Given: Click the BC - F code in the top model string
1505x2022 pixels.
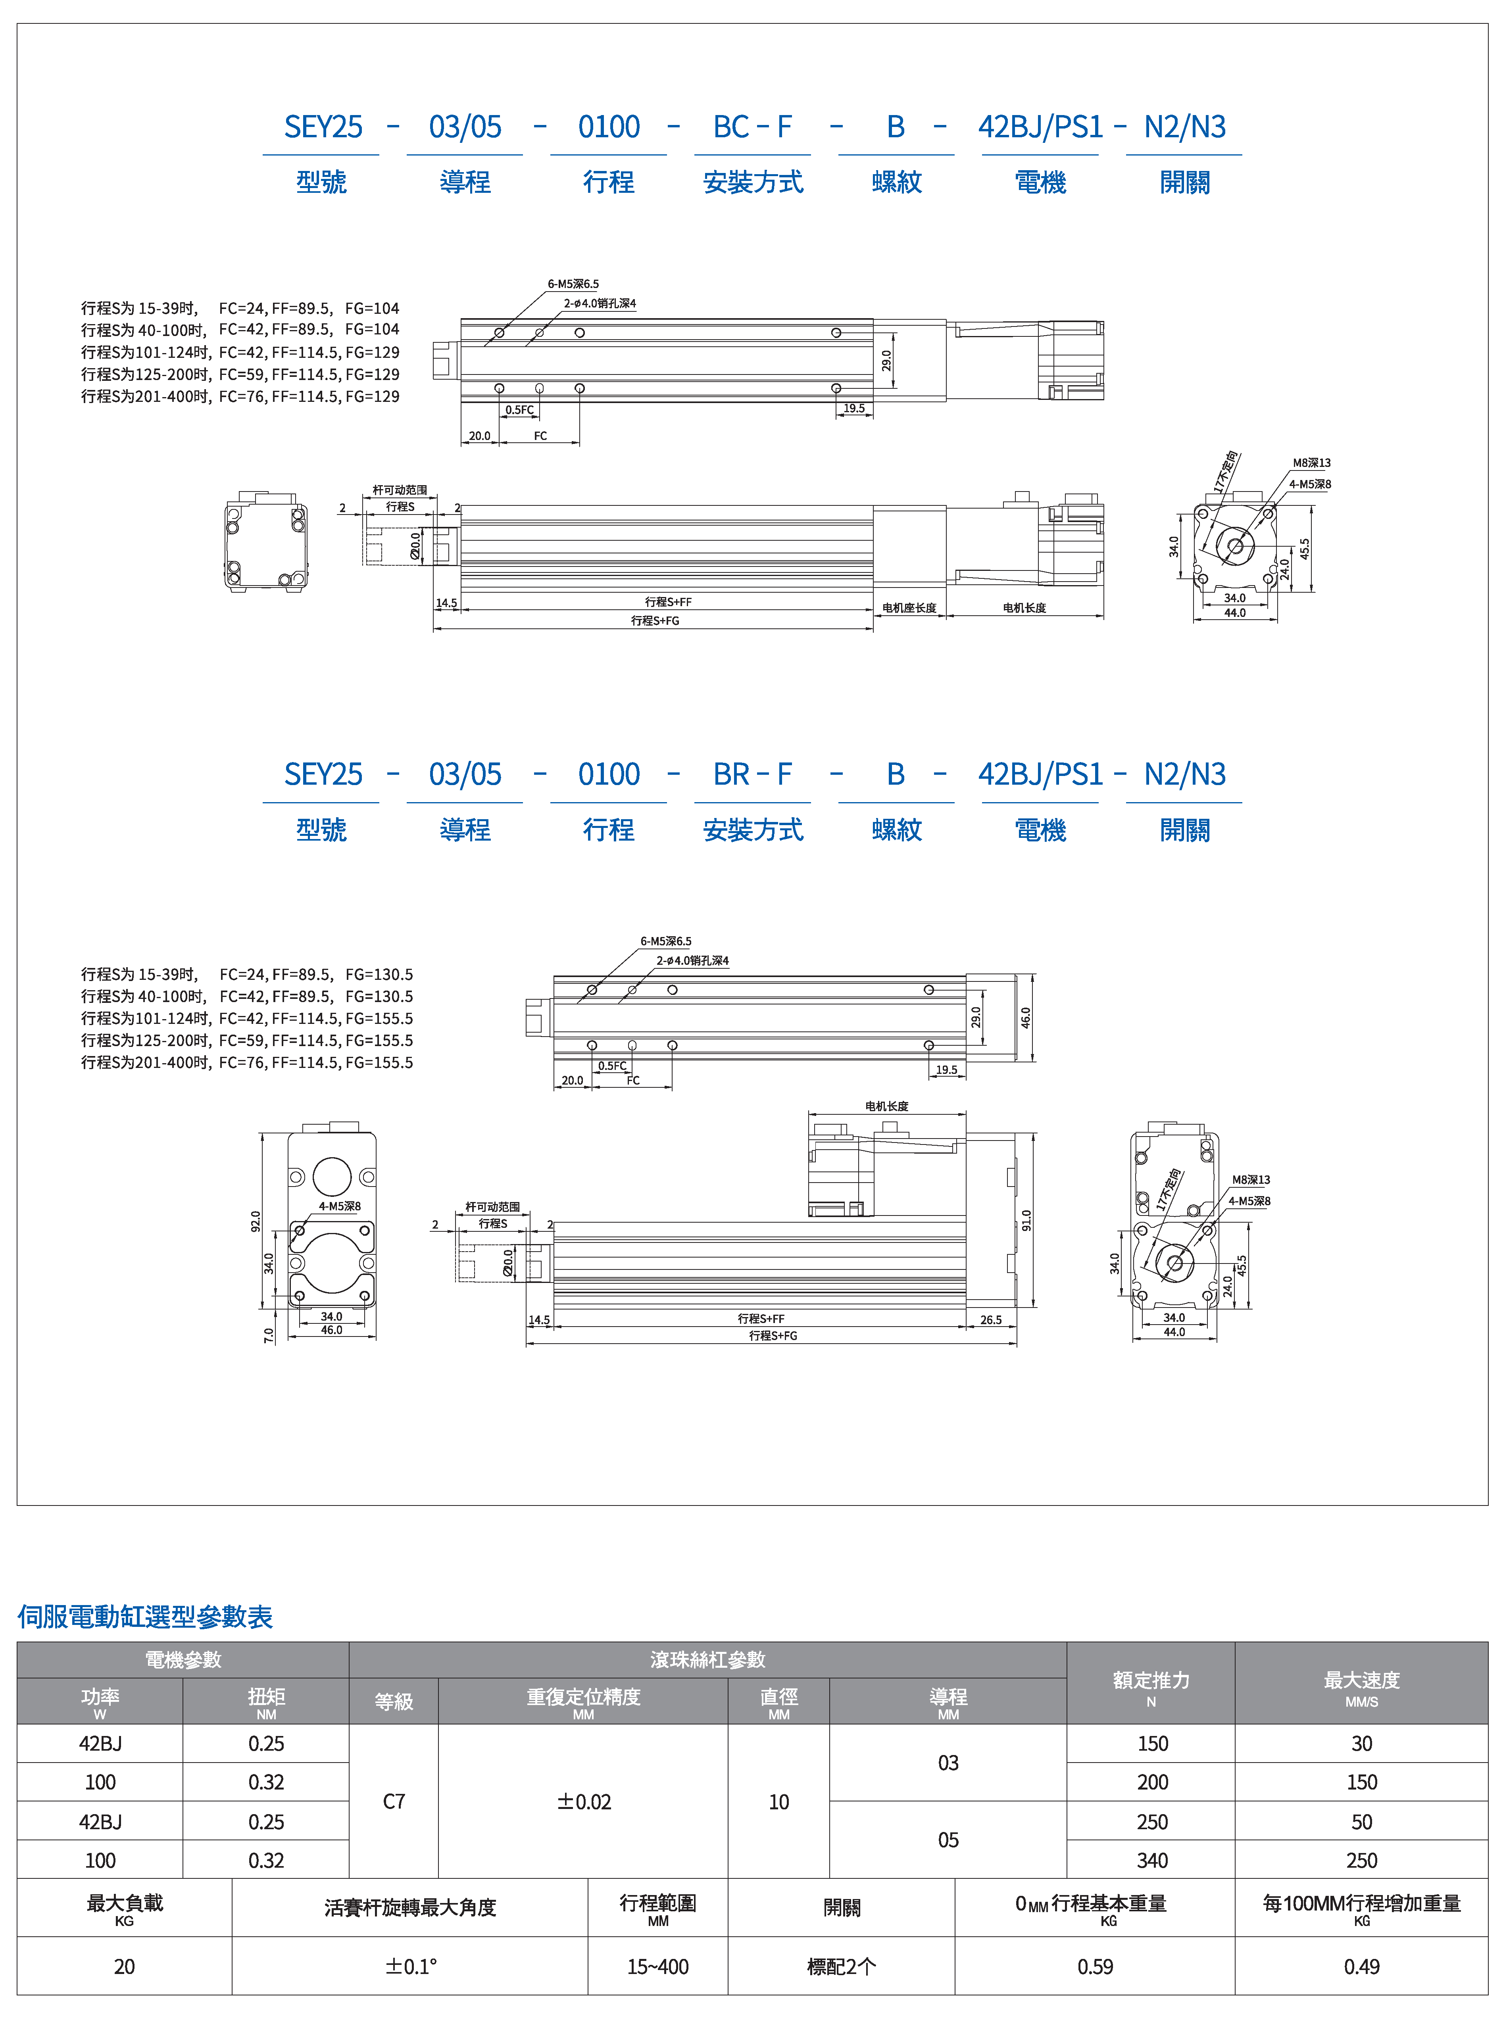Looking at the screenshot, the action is pos(752,127).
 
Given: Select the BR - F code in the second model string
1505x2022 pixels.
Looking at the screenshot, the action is pos(752,774).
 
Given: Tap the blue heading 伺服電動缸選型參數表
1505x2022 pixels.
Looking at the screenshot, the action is pos(145,1617).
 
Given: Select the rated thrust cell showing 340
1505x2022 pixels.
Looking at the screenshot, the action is pos(1151,1861).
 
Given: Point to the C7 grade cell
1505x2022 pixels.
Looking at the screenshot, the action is pos(394,1801).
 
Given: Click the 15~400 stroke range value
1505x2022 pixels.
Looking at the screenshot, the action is pos(658,1966).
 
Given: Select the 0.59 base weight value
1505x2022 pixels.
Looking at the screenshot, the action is pos(1095,1966).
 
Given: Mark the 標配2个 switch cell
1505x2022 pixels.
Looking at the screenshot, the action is pos(841,1966).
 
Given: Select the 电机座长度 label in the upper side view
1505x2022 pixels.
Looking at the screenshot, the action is pos(909,607).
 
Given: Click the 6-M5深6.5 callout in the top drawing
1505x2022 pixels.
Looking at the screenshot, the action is pos(573,284).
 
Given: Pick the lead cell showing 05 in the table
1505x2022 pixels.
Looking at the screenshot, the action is pos(948,1840).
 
